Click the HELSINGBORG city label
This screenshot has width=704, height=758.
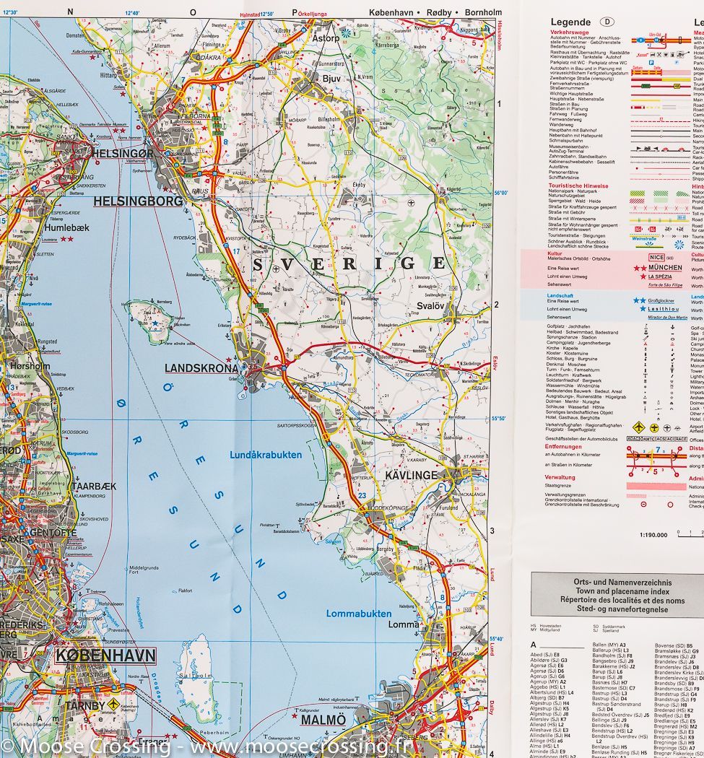click(138, 201)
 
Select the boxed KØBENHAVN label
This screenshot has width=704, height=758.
click(105, 655)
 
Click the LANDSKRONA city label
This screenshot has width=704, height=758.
click(201, 368)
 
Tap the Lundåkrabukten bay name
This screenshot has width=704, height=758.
click(266, 455)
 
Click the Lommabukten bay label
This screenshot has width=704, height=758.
click(359, 614)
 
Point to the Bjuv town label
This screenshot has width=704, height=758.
click(331, 79)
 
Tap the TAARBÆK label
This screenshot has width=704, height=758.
click(94, 487)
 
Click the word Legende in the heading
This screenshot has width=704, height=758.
click(570, 22)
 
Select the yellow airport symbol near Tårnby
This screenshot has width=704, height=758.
click(113, 684)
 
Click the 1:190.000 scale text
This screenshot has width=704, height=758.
click(653, 535)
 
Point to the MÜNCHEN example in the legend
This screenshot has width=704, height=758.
click(664, 267)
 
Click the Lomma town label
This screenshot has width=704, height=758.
click(403, 624)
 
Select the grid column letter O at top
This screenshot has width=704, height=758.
click(193, 12)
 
